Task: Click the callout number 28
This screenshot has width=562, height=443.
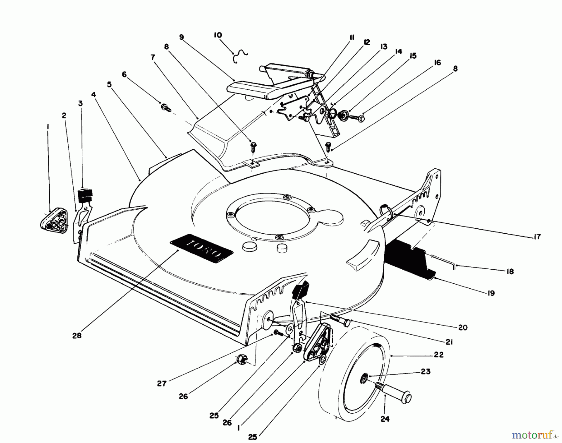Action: click(77, 336)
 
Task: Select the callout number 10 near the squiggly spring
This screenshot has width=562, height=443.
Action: click(218, 35)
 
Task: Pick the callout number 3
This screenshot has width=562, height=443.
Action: click(80, 103)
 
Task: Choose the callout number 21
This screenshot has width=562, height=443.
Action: click(449, 342)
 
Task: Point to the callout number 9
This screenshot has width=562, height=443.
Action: click(182, 37)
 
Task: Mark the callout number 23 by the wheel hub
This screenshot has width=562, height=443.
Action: click(426, 371)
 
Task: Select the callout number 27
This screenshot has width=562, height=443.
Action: click(162, 383)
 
